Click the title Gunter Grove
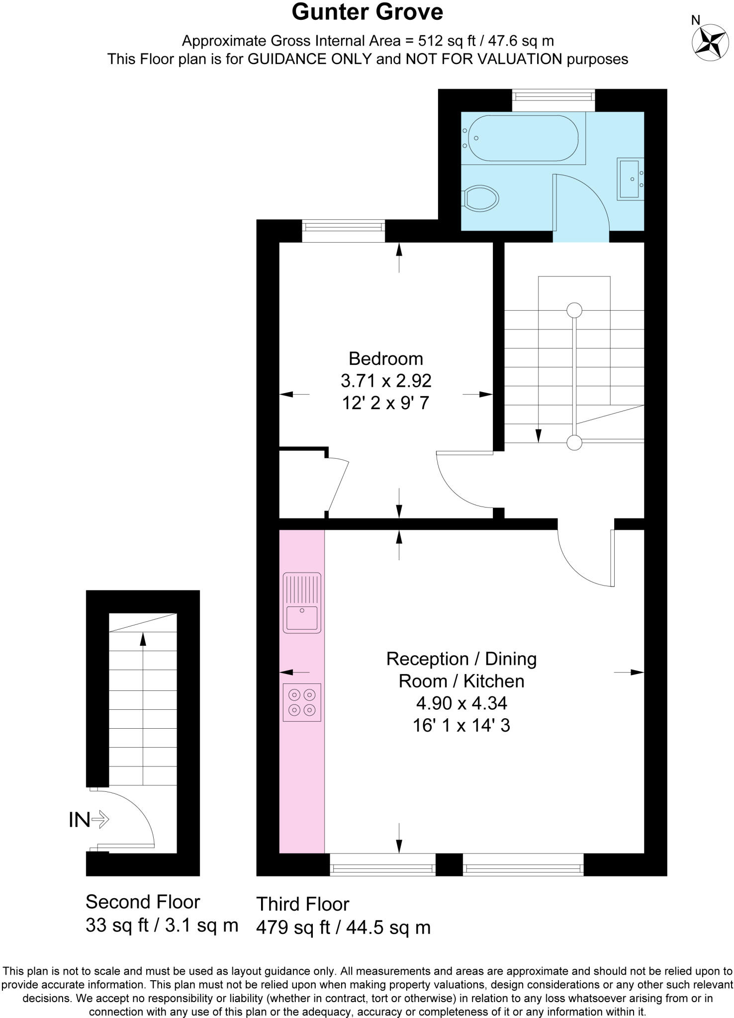pos(367,12)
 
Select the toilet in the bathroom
pos(481,198)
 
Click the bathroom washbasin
pos(630,178)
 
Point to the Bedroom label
pos(385,358)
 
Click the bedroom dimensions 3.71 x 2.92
pos(385,381)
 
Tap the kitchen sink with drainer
pos(302,602)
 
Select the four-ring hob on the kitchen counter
pos(302,702)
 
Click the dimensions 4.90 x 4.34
pos(461,703)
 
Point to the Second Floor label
pos(143,902)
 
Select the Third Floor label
pos(302,904)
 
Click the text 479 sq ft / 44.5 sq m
pos(343,927)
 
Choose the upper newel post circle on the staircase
pos(574,310)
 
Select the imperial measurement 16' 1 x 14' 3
pos(461,725)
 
